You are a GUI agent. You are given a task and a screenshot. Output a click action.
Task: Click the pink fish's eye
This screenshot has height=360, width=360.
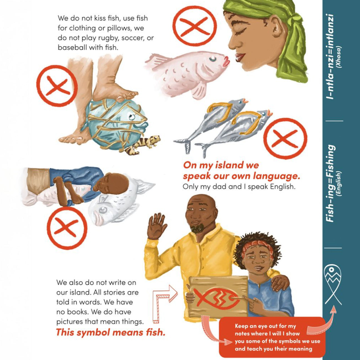213,59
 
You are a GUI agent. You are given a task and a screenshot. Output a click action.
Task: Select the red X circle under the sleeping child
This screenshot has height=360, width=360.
67,228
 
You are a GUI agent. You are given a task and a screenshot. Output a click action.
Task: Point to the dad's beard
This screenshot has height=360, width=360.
198,228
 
